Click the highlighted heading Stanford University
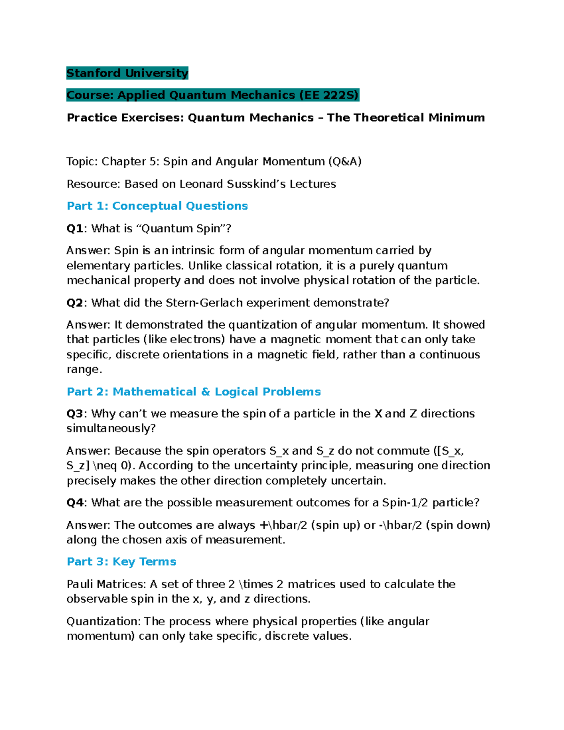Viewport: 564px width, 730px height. click(127, 73)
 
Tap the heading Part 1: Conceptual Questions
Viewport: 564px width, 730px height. click(157, 206)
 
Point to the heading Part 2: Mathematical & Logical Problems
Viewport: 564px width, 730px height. click(194, 392)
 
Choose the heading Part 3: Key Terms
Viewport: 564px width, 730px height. click(121, 562)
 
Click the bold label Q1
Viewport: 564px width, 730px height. click(75, 228)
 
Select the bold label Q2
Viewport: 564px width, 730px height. click(75, 303)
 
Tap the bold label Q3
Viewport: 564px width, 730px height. click(75, 414)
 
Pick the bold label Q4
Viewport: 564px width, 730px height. click(75, 502)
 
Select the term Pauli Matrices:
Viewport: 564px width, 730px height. click(106, 584)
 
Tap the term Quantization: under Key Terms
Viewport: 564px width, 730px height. click(103, 621)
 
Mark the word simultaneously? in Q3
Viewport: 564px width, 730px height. click(111, 428)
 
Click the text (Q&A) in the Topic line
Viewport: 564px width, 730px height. click(345, 162)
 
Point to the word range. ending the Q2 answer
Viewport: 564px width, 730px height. click(84, 369)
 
